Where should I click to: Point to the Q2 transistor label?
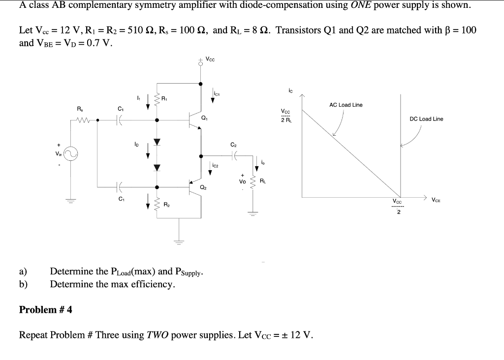[x=203, y=187]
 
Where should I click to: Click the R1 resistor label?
[x=164, y=99]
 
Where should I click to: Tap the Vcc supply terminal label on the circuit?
[x=210, y=60]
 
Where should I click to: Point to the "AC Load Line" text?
[x=346, y=105]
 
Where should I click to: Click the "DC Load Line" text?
[x=426, y=119]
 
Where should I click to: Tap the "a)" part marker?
[x=23, y=271]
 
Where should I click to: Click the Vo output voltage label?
[x=242, y=180]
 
